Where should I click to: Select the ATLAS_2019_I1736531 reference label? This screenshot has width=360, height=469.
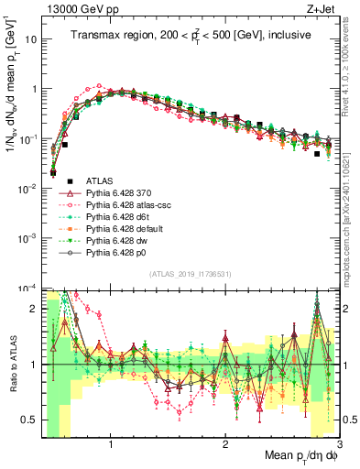189,274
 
